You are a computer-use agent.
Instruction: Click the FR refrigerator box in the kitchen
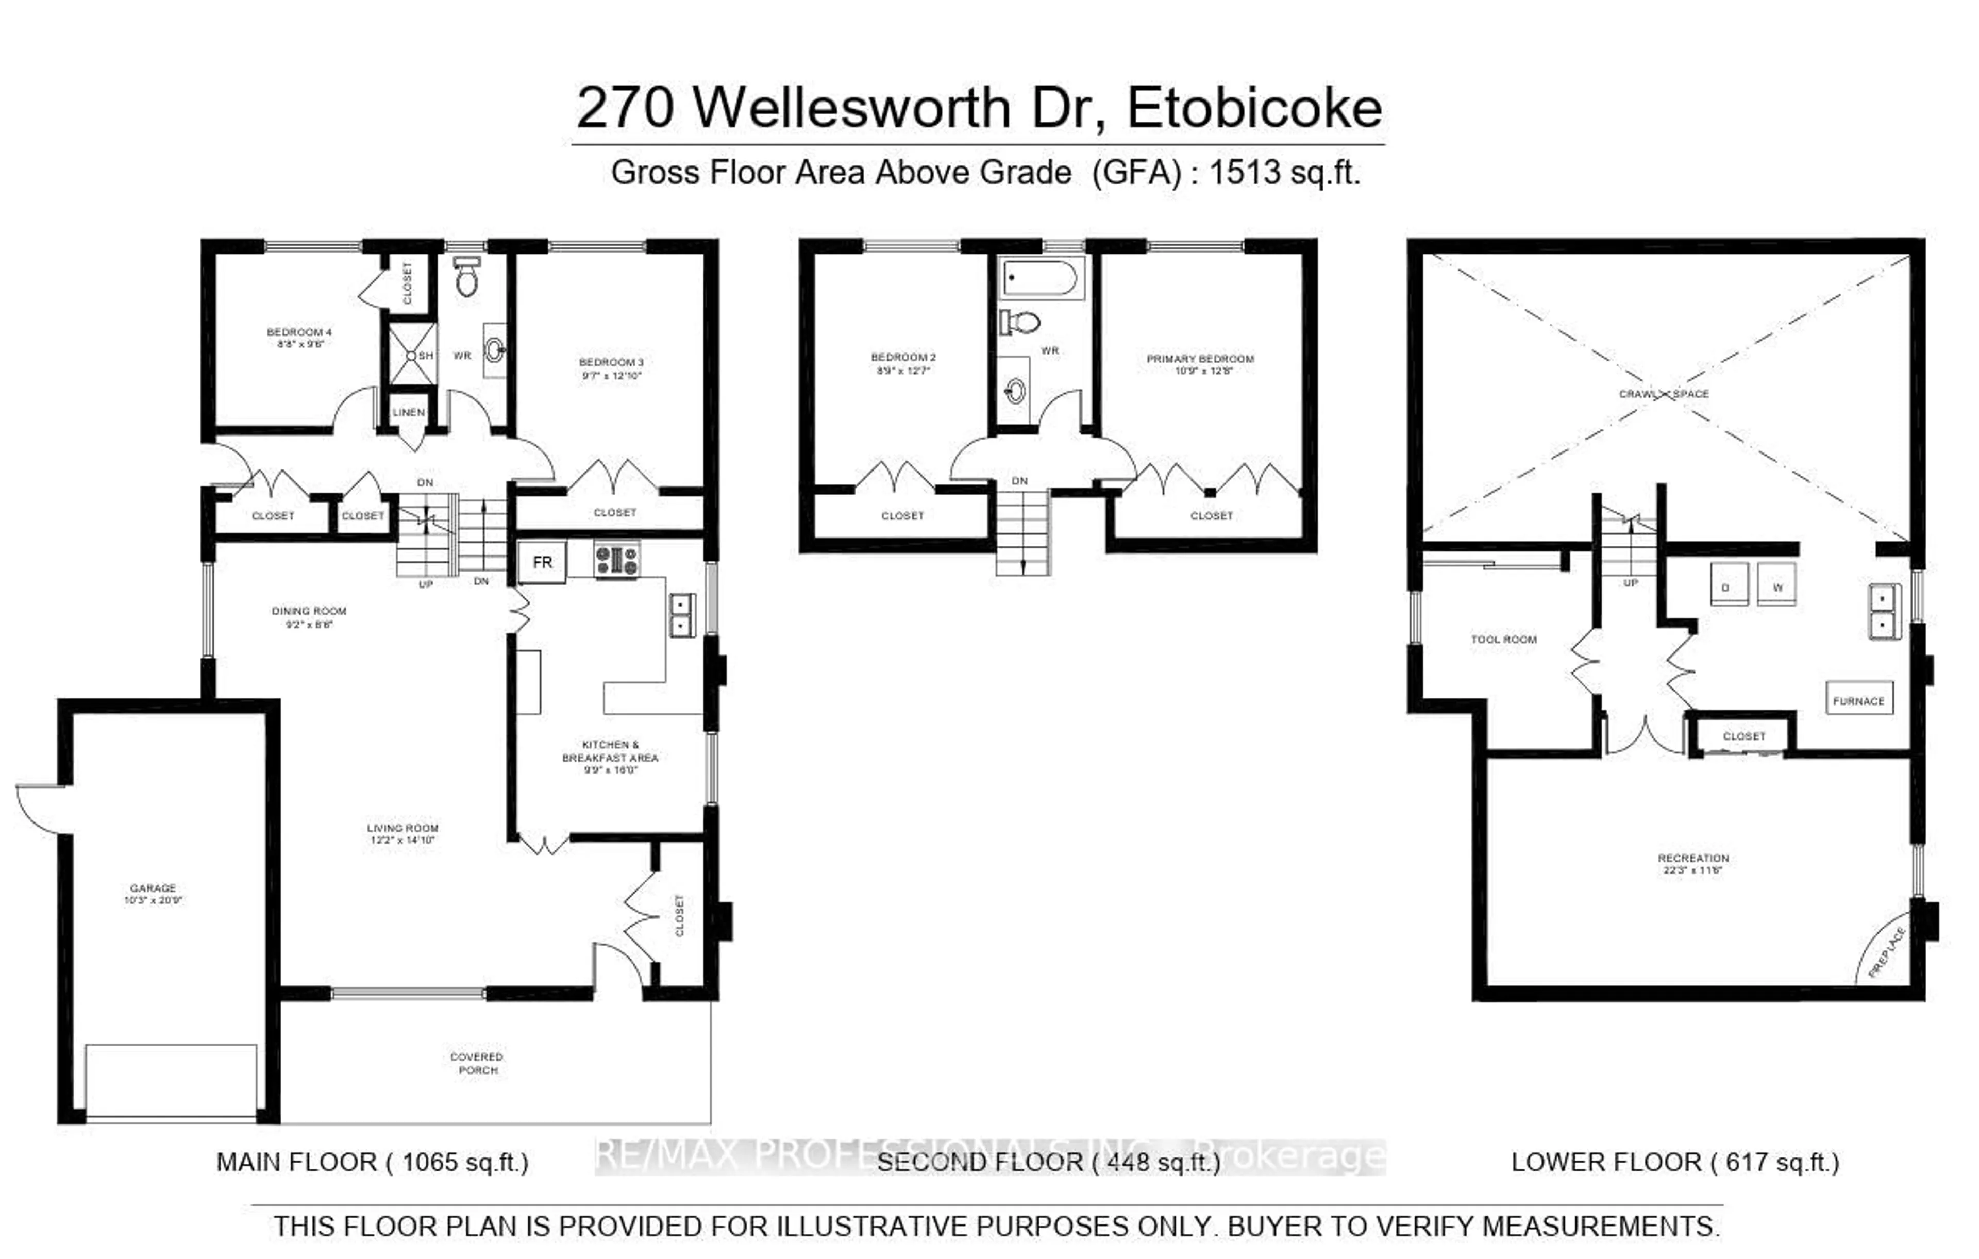click(x=542, y=562)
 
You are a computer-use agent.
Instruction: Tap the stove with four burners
click(x=616, y=561)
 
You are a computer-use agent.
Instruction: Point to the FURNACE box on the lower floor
click(x=1858, y=700)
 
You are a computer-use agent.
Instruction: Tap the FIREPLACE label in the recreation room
click(x=1886, y=952)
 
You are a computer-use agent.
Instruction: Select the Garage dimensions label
click(x=153, y=900)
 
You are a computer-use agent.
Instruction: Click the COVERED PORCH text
click(x=477, y=1063)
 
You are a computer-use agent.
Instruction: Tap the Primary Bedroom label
click(x=1200, y=359)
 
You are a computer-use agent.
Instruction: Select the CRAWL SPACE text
click(x=1664, y=394)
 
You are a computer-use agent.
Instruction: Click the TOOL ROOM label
click(x=1503, y=640)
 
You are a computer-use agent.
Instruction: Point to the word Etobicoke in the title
click(x=1254, y=108)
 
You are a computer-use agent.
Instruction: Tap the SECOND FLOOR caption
click(x=980, y=1162)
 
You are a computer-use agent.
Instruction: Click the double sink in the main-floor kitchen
click(x=681, y=615)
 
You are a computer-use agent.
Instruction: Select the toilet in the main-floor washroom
click(x=467, y=276)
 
